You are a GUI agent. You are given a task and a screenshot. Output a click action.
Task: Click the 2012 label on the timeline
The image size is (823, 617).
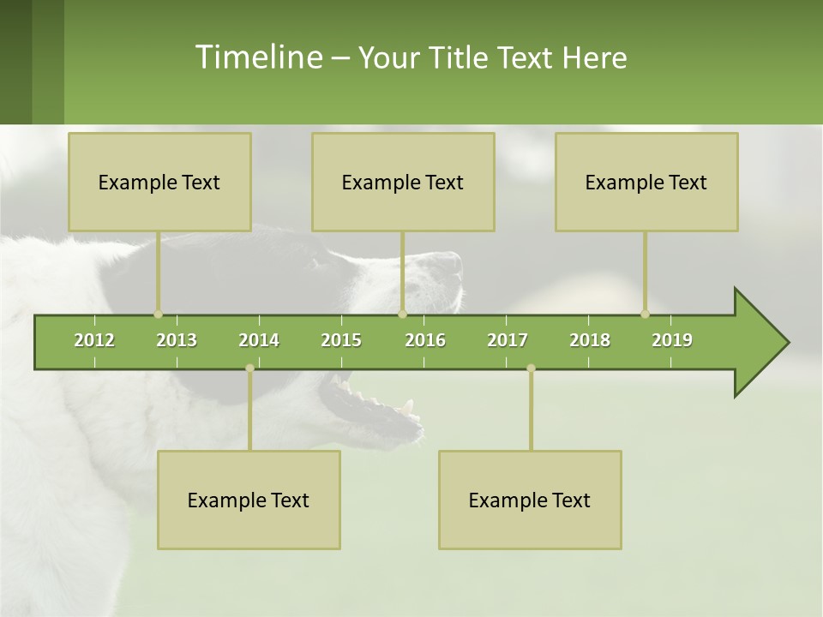coord(94,340)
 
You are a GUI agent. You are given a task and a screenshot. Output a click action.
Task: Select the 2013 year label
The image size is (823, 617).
coord(177,340)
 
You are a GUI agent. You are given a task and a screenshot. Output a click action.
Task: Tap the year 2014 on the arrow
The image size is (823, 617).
coord(259,340)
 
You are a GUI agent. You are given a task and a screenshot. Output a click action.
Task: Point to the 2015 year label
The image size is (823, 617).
coord(341,340)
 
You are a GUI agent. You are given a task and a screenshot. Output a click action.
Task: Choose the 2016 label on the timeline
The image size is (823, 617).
coord(425,340)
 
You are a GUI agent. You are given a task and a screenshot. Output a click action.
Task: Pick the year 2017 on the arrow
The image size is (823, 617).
coord(508,340)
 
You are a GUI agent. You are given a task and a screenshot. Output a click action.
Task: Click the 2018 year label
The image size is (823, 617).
coord(590,340)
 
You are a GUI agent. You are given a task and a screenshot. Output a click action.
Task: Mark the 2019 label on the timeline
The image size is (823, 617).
coord(672,340)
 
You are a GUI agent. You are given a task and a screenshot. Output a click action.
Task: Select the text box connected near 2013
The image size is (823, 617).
coord(159,182)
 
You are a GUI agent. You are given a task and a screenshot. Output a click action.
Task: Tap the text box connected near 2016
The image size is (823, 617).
coord(403,182)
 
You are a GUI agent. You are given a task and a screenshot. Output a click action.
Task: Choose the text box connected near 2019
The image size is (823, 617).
coord(646,182)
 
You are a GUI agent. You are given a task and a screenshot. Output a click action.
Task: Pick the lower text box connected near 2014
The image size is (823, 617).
coord(249,500)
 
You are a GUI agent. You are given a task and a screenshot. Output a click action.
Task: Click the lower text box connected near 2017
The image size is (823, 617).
coord(530,500)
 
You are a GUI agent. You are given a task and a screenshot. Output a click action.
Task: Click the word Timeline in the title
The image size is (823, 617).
coord(257,57)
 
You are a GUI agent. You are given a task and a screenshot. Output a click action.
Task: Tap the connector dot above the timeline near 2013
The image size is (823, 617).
coord(158,314)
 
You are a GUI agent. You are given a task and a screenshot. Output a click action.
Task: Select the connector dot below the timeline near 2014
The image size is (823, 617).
coord(249,368)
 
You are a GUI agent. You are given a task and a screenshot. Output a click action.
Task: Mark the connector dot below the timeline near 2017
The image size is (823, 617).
coord(531,368)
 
